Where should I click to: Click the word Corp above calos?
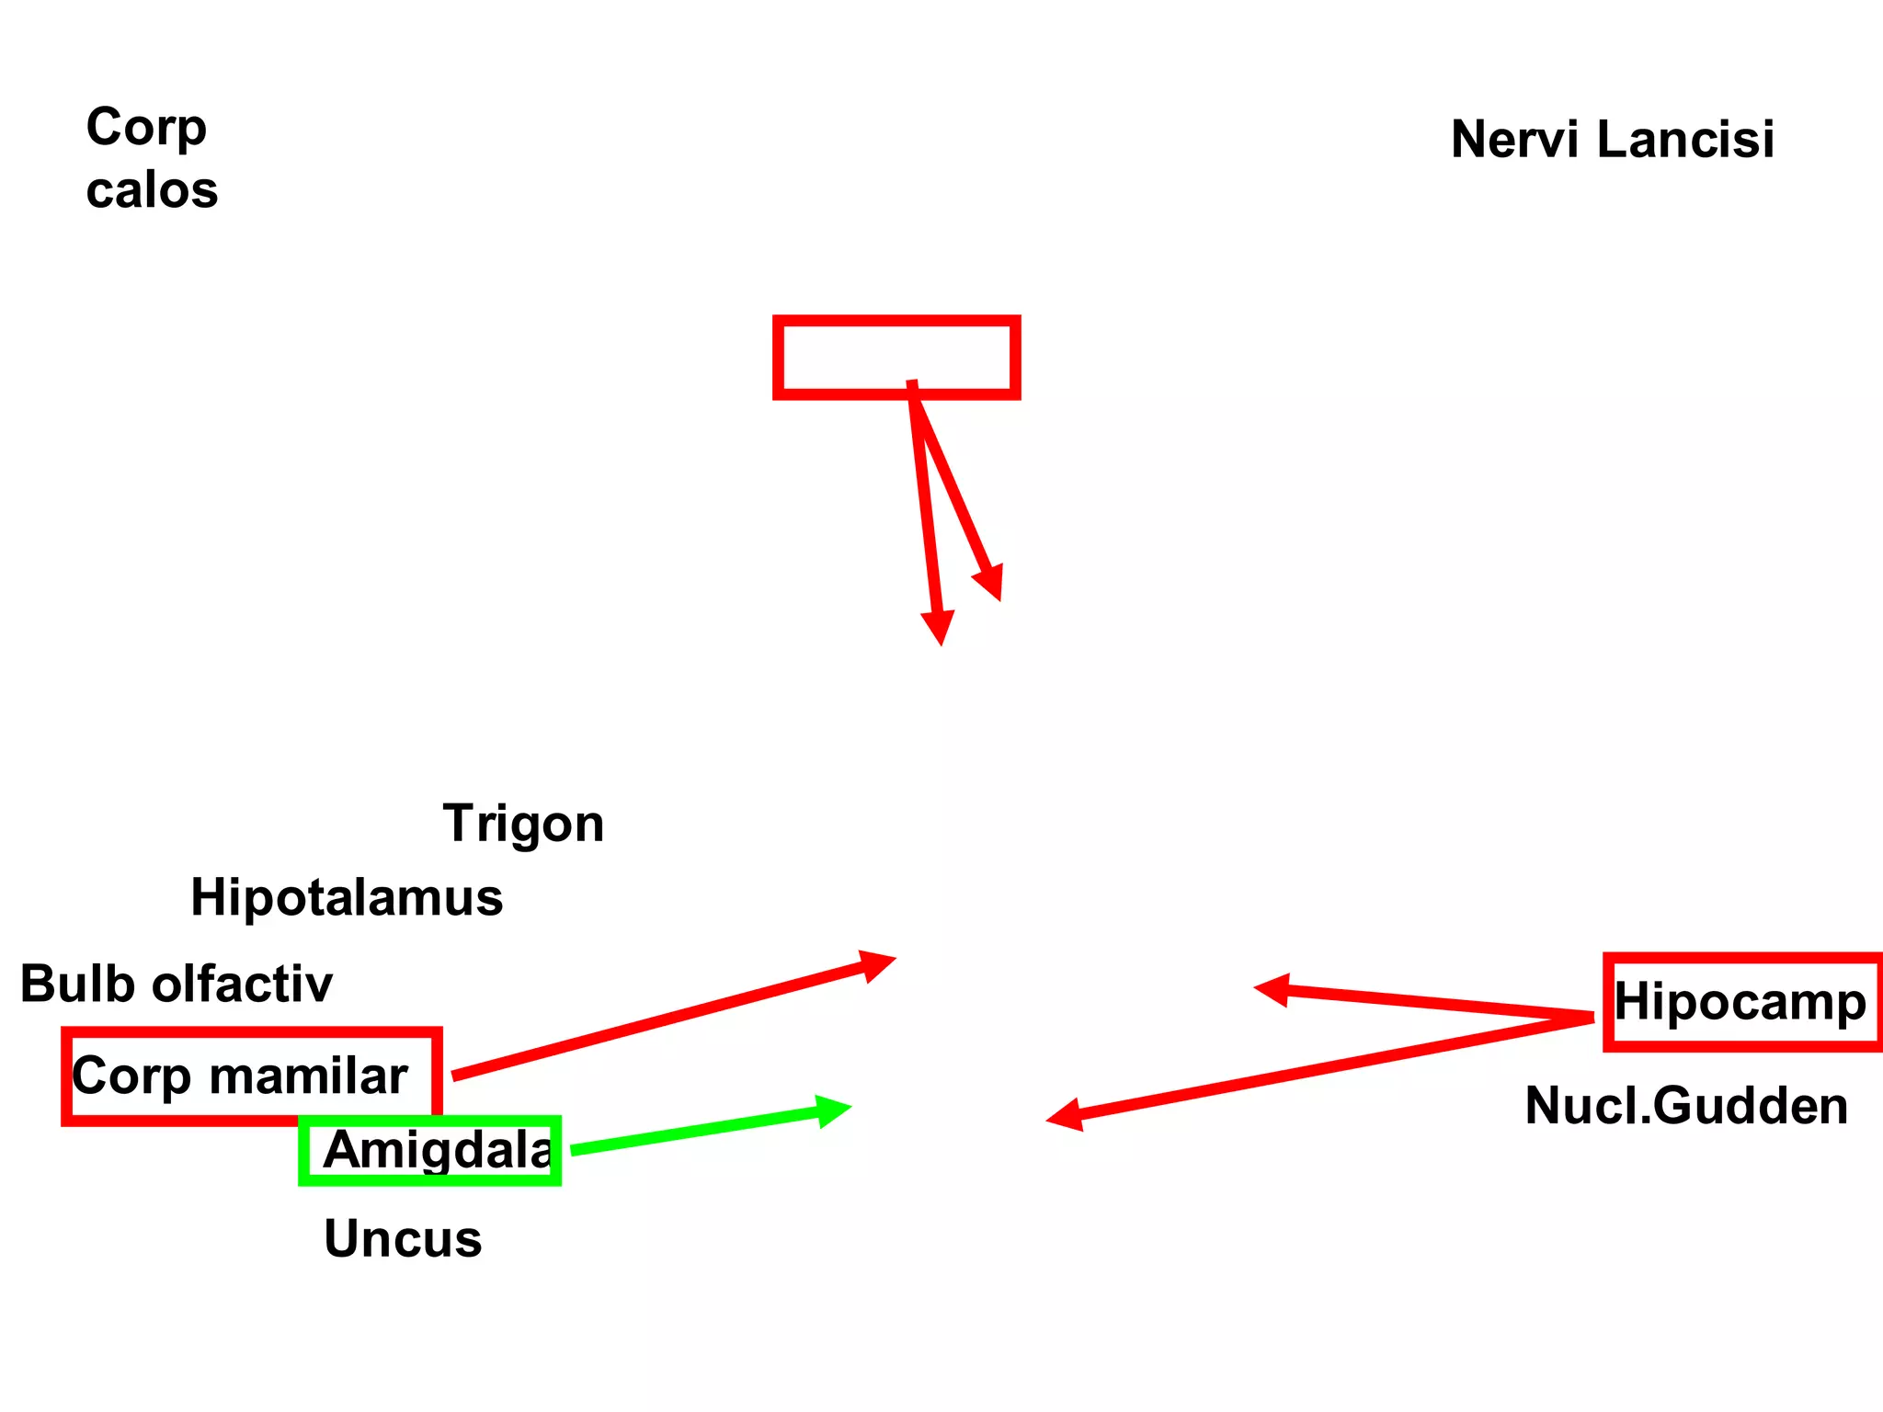click(x=146, y=127)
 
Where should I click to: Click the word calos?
click(x=152, y=191)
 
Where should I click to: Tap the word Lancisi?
click(x=1685, y=140)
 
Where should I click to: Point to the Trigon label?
click(x=523, y=824)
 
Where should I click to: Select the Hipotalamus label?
click(x=347, y=897)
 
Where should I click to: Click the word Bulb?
click(x=77, y=984)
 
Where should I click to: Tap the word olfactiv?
click(x=242, y=984)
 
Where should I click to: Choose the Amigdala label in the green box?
click(x=438, y=1150)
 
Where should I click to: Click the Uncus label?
click(x=403, y=1238)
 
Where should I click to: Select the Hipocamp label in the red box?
click(x=1740, y=1001)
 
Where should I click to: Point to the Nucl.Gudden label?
click(x=1686, y=1105)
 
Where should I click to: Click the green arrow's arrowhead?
click(x=837, y=1110)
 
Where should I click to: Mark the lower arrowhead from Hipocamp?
click(x=1061, y=1117)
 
